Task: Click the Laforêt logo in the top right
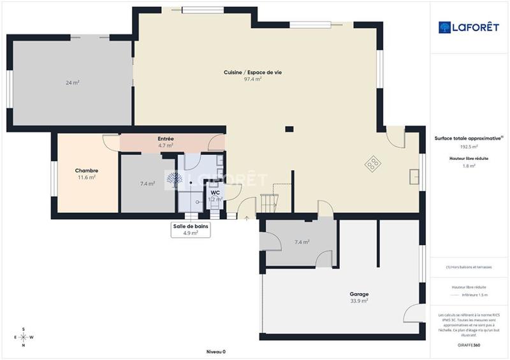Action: pos(469,27)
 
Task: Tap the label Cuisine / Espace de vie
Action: pos(252,73)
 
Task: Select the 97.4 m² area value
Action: pos(252,80)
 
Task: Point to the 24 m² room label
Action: pos(72,83)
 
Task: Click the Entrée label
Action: pos(166,139)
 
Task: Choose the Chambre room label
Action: pos(87,171)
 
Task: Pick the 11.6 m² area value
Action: pos(87,178)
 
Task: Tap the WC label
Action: pos(215,192)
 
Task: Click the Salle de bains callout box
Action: pos(191,229)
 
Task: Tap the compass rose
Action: pos(24,337)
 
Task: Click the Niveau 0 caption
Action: pos(215,352)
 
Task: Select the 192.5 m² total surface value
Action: pos(469,146)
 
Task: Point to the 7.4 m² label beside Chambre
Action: pos(148,184)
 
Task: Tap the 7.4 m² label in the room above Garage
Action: pos(302,242)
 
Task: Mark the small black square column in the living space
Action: pos(289,128)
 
